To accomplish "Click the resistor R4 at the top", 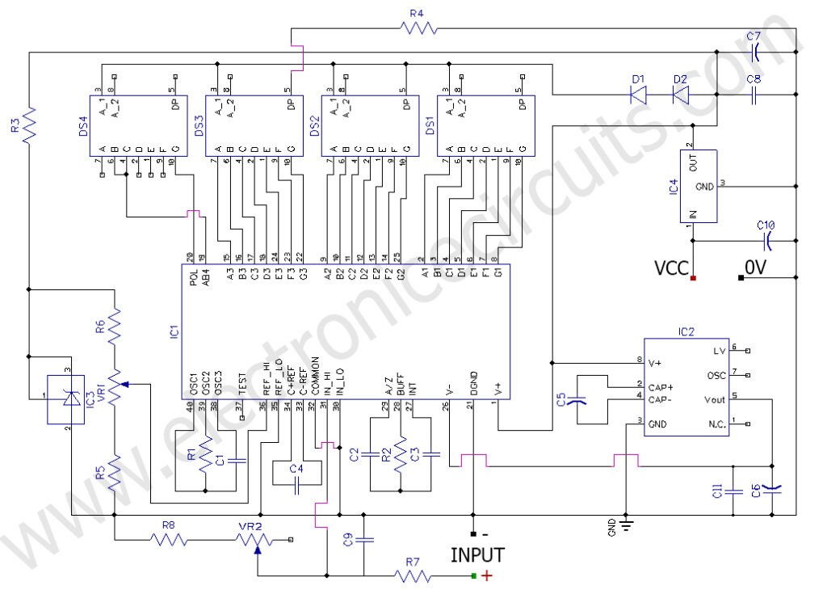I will pos(418,28).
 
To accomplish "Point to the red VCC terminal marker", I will pos(694,278).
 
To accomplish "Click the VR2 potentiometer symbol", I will pos(258,540).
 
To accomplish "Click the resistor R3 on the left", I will pos(29,124).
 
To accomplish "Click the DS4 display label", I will pos(84,127).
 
